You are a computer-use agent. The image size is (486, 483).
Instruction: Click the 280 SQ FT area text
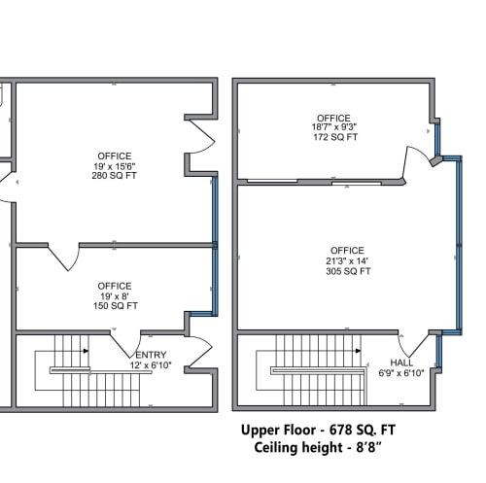click(115, 176)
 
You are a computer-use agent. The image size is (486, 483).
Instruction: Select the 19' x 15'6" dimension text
click(115, 165)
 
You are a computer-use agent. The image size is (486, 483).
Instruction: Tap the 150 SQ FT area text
click(115, 305)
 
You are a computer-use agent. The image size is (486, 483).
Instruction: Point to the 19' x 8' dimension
click(115, 294)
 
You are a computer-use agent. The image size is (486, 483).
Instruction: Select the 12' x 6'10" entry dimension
click(151, 366)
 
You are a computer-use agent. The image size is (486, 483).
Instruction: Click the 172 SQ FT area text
click(333, 138)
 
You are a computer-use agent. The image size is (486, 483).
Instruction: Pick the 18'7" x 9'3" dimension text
click(333, 127)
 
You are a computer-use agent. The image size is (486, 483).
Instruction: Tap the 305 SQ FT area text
click(347, 271)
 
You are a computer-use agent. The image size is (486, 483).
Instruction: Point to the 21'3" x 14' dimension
click(347, 260)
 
